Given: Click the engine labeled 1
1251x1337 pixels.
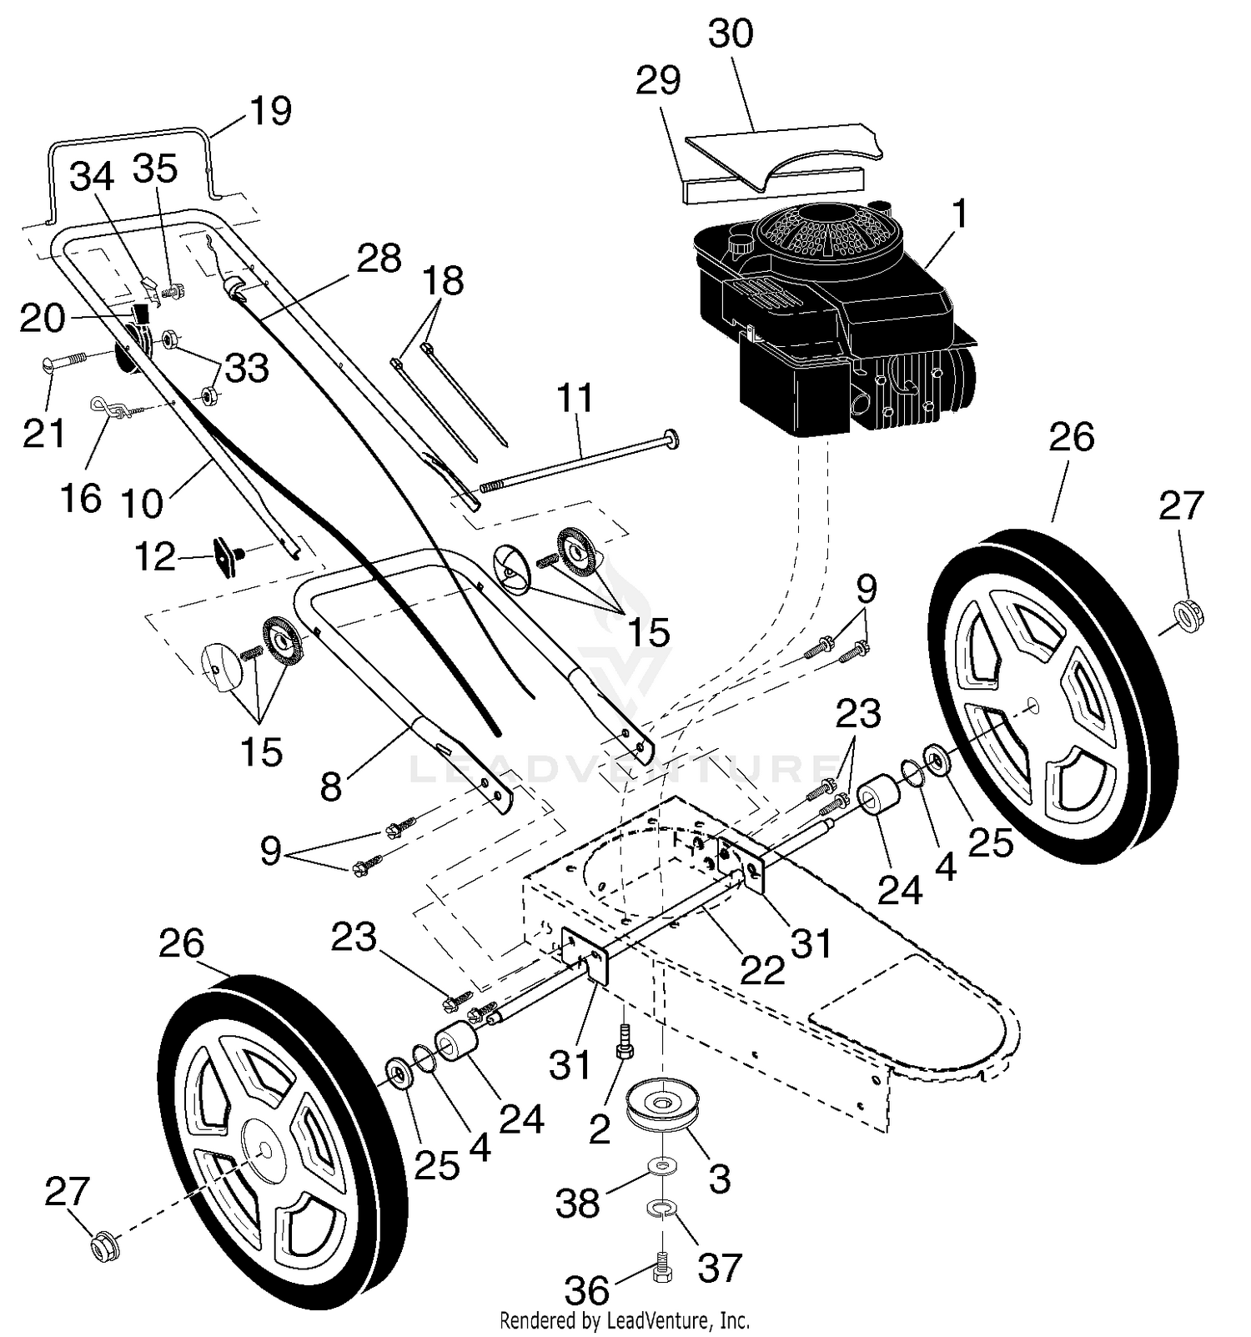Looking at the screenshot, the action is coord(834,317).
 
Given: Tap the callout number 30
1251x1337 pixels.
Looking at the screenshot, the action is coord(731,34).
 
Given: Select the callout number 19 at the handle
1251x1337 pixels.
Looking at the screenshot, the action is coord(270,111).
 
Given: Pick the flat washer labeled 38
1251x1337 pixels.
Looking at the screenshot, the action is coord(661,1164).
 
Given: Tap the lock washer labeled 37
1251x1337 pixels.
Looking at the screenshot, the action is coord(662,1207).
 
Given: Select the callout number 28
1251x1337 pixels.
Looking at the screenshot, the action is coord(379,259).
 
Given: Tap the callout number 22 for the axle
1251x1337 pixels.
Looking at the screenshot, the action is coord(763,970).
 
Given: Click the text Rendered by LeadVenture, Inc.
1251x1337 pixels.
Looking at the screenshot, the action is coord(625,1320).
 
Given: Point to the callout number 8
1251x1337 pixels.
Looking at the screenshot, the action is coord(331,787).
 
